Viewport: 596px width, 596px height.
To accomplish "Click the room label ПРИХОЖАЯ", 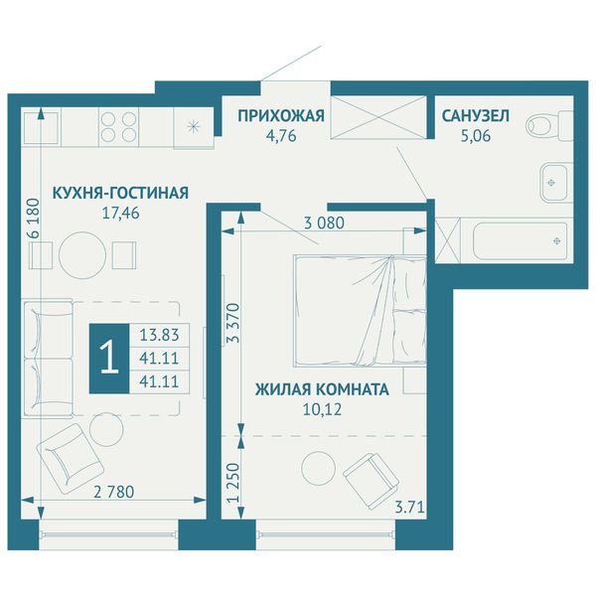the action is click(281, 116).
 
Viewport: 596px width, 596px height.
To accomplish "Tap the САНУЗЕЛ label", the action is click(475, 116).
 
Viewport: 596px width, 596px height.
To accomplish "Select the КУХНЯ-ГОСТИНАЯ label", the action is click(120, 193).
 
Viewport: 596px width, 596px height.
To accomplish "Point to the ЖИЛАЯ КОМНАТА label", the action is click(322, 389).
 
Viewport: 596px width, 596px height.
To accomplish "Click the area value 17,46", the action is click(120, 214).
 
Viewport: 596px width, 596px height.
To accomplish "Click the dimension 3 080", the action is click(324, 223).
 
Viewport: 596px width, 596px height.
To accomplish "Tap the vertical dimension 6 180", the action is click(34, 218).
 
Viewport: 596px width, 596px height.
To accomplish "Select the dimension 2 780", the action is click(113, 493).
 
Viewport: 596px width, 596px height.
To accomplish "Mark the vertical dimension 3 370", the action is click(233, 323).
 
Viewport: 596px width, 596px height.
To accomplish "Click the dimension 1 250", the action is click(233, 483).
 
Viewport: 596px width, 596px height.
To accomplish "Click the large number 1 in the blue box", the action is click(109, 358).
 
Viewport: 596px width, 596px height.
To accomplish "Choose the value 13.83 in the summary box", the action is click(159, 336).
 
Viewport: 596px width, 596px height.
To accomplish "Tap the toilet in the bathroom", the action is click(549, 125).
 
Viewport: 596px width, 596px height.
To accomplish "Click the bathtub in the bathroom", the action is click(520, 241).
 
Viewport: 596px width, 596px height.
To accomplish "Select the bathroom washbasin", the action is click(556, 183).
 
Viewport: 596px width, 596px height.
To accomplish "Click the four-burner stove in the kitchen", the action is click(118, 127).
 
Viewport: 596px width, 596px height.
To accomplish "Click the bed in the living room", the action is click(360, 311).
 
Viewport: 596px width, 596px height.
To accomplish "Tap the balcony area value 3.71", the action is click(409, 508).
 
